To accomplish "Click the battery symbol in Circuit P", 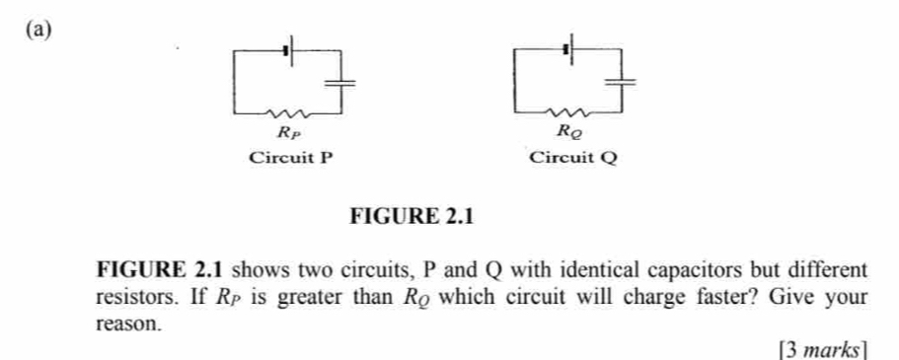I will pos(288,47).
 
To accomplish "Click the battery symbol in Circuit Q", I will pos(569,46).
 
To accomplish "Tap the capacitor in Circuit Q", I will pos(622,82).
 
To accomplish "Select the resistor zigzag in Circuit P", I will pos(289,111).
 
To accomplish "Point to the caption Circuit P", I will pos(286,157).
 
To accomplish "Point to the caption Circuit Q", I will pos(572,157).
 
